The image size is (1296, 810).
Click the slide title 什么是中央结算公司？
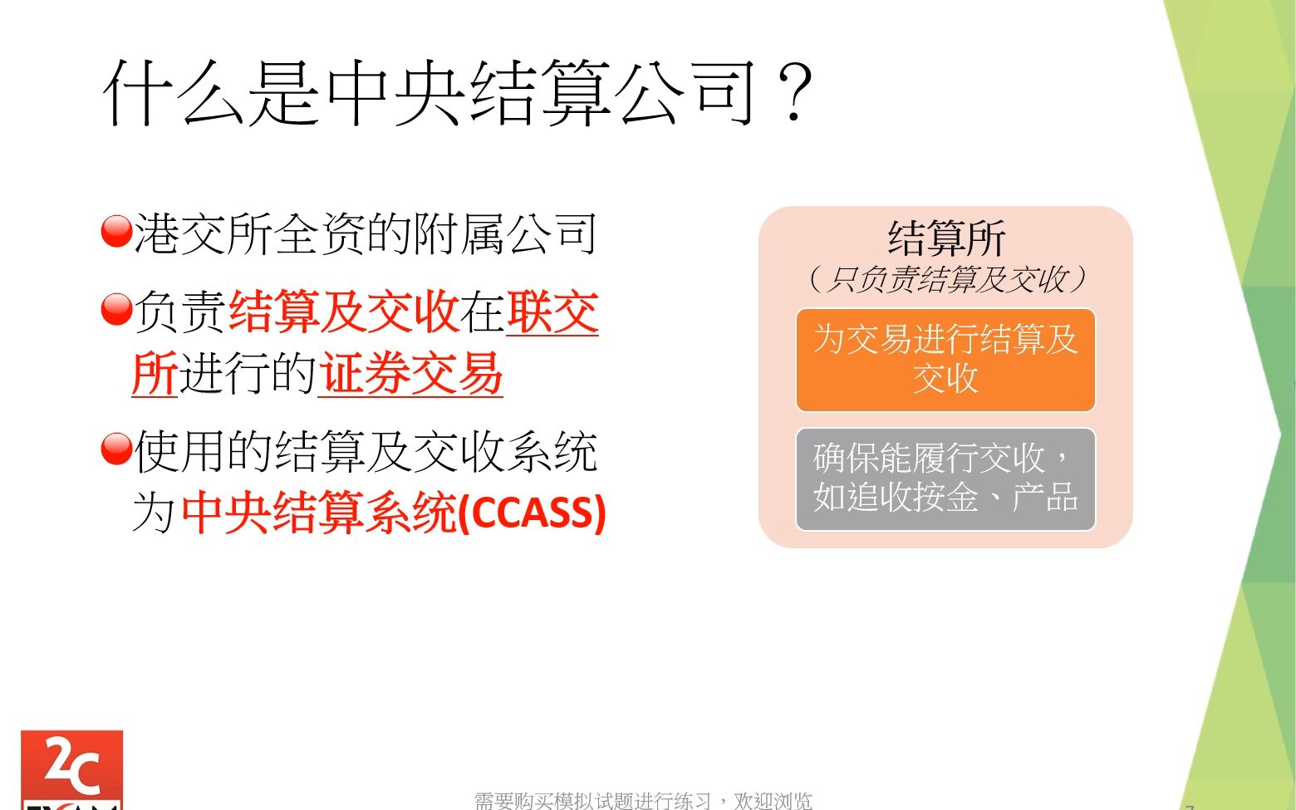pyautogui.click(x=457, y=93)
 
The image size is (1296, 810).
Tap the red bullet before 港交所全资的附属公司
pyautogui.click(x=116, y=232)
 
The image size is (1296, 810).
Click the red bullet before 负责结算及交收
pyautogui.click(x=116, y=310)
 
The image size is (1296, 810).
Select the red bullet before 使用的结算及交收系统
pyautogui.click(x=116, y=449)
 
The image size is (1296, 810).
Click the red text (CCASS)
pyautogui.click(x=533, y=512)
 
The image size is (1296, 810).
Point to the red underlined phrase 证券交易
pyautogui.click(x=411, y=374)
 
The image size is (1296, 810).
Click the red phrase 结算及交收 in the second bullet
pyautogui.click(x=343, y=312)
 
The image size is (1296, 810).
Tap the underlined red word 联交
pyautogui.click(x=552, y=312)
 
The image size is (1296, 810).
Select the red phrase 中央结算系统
pyautogui.click(x=319, y=512)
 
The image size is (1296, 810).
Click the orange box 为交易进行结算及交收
pyautogui.click(x=945, y=360)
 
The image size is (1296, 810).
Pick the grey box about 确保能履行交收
pyautogui.click(x=945, y=479)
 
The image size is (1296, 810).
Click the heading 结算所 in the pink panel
pyautogui.click(x=946, y=238)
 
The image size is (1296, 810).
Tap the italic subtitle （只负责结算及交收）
pyautogui.click(x=946, y=279)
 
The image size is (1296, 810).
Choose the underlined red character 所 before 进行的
pyautogui.click(x=155, y=374)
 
